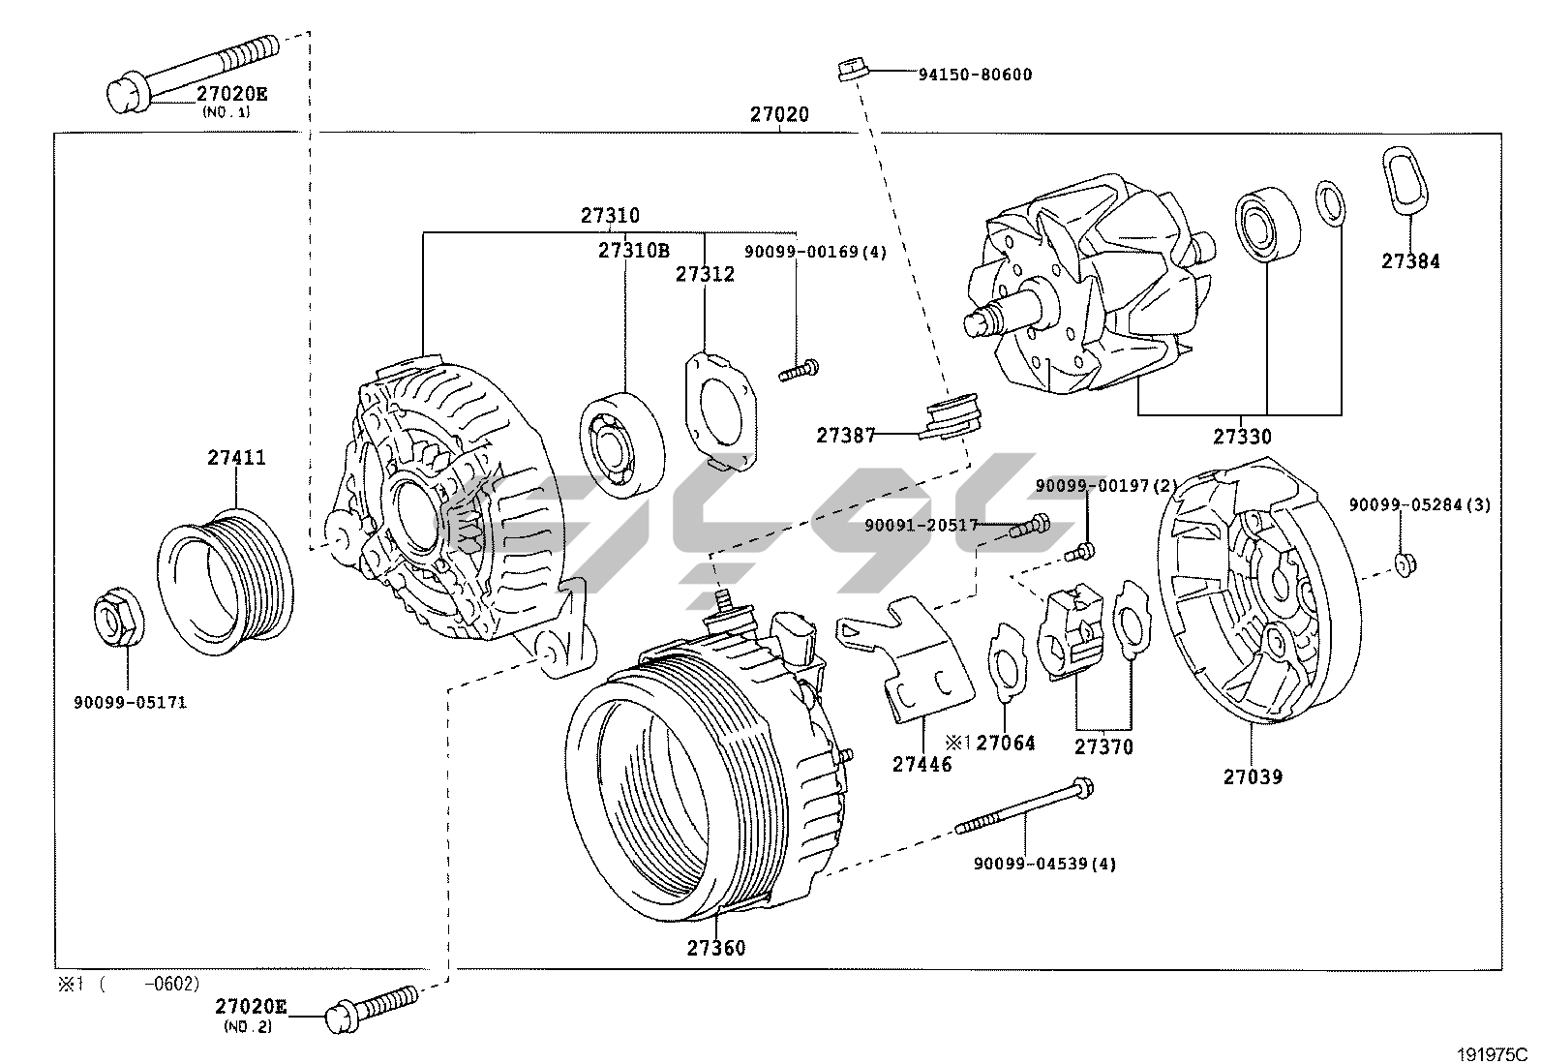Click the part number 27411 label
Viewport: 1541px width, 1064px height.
click(x=236, y=457)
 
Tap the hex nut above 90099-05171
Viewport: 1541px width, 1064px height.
click(x=119, y=619)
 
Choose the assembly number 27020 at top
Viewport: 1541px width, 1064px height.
click(x=779, y=114)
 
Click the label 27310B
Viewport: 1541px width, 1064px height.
click(x=633, y=250)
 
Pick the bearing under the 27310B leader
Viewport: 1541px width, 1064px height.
click(x=623, y=443)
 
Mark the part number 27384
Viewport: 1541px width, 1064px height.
click(x=1410, y=261)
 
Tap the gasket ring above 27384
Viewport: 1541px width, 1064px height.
click(x=1403, y=180)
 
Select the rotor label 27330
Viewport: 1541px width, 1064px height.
click(x=1242, y=438)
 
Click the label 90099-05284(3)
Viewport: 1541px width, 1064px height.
click(x=1420, y=504)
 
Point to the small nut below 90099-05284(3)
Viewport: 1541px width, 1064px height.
click(x=1404, y=563)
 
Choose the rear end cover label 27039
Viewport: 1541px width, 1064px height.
click(x=1253, y=776)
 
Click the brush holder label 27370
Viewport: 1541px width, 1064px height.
click(x=1103, y=747)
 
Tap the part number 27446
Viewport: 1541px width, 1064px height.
click(x=922, y=765)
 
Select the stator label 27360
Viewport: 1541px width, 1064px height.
click(x=716, y=948)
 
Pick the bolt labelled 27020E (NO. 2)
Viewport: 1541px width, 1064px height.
click(x=373, y=1004)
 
